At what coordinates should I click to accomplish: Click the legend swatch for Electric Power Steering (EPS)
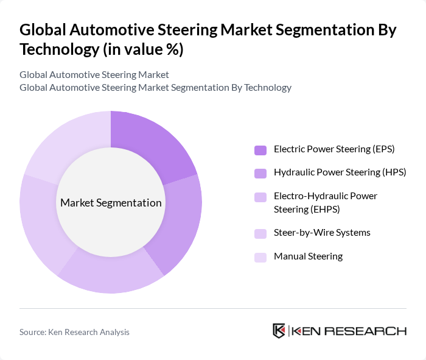coord(260,150)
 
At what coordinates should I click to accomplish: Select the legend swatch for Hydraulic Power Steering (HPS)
coord(260,174)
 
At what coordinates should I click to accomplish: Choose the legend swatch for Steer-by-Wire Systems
coord(260,233)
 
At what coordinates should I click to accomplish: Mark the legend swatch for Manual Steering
coord(260,257)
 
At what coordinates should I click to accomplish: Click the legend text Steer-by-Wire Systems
coord(322,233)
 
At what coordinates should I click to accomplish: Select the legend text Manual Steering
coord(308,256)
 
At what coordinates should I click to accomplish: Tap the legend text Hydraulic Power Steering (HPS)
coord(340,172)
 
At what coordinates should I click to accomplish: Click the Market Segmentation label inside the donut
coord(111,203)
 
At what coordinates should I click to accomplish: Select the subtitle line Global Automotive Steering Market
coord(94,75)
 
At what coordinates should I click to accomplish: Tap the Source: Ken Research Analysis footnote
coord(74,332)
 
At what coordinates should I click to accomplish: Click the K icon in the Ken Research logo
coord(279,331)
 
